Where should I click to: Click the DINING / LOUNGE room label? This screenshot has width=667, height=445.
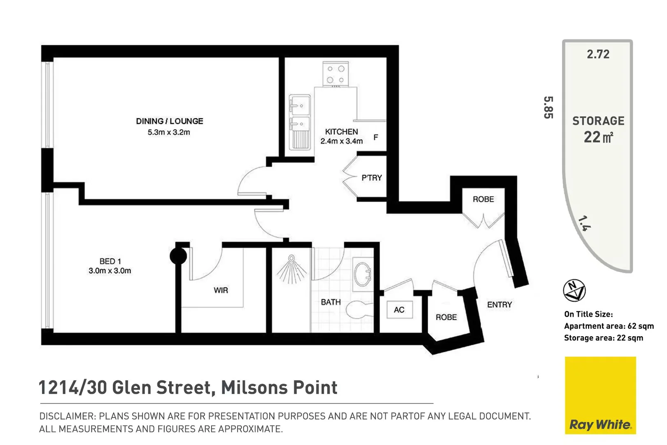(169, 121)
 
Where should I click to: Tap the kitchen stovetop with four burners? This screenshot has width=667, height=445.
(336, 74)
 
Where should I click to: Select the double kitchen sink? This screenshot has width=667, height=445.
(300, 122)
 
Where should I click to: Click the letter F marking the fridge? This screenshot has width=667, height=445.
(375, 138)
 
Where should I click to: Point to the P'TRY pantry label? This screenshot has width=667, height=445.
(371, 178)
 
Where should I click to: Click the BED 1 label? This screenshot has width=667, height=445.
(110, 261)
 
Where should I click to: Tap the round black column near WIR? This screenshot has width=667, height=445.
(178, 256)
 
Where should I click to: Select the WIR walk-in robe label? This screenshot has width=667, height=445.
(221, 290)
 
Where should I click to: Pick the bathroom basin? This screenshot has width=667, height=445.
(363, 274)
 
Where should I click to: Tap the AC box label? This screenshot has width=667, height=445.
(399, 310)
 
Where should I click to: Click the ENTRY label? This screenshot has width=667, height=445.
(499, 305)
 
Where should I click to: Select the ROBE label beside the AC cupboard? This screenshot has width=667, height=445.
(446, 317)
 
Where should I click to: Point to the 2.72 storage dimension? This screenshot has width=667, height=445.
(598, 54)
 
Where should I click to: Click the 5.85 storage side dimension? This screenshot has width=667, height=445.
(548, 107)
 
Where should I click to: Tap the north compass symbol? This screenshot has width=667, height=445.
(574, 290)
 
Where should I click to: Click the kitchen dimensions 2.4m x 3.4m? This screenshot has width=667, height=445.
(342, 141)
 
